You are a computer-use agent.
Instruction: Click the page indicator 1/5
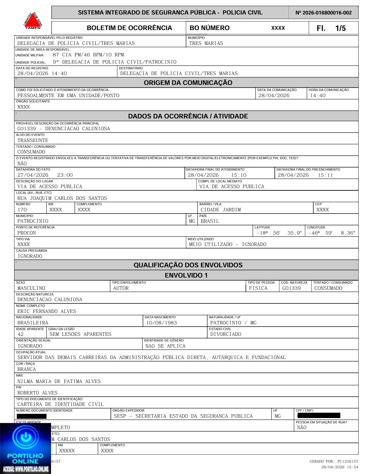pos(340,28)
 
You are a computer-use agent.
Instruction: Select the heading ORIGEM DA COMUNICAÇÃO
pos(188,83)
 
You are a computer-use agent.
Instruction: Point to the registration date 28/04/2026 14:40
pos(42,73)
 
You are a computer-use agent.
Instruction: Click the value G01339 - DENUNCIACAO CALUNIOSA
pos(64,129)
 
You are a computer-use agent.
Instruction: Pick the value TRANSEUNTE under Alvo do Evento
pos(33,140)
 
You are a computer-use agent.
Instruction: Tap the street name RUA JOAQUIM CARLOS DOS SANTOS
pos(62,198)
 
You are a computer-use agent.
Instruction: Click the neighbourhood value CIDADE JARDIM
pos(221,210)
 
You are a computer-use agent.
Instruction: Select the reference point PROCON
pos(27,233)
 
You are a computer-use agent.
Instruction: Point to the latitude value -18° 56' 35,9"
pos(279,233)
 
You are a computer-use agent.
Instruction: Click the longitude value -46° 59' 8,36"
pos(332,233)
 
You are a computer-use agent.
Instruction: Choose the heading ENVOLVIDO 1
pos(186,275)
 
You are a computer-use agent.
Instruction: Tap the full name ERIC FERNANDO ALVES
pos(47,311)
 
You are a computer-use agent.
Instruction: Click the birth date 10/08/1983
pos(162,323)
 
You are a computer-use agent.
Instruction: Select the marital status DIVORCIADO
pos(226,334)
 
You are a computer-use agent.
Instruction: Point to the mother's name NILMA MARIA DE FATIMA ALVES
pos(59,381)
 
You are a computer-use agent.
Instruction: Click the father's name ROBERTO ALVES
pos(37,393)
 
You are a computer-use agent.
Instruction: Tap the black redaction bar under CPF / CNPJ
pos(319,416)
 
